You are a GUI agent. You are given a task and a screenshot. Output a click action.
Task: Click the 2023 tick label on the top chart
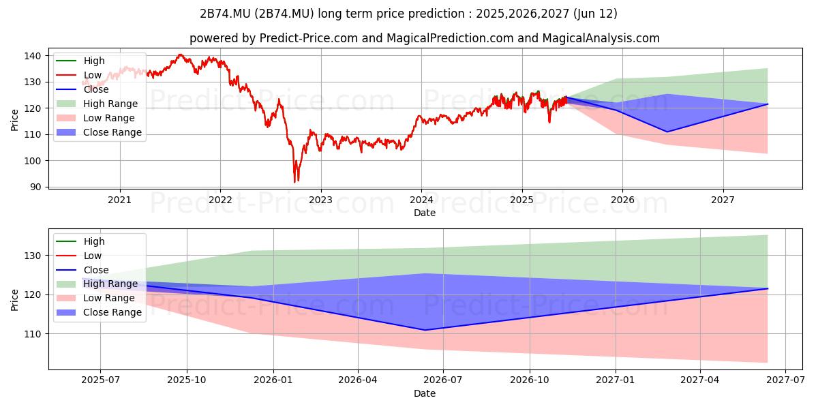pyautogui.click(x=320, y=200)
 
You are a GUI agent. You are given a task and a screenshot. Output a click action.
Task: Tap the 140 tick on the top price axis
pyautogui.click(x=33, y=56)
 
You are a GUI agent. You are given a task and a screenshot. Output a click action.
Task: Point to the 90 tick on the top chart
pyautogui.click(x=35, y=187)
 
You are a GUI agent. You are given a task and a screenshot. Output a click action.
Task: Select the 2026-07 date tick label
pyautogui.click(x=443, y=380)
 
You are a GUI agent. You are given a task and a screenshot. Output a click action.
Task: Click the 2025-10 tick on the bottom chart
pyautogui.click(x=187, y=380)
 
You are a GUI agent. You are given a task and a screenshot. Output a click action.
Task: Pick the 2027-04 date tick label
pyautogui.click(x=699, y=380)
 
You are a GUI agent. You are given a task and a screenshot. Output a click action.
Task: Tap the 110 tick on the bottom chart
pyautogui.click(x=33, y=334)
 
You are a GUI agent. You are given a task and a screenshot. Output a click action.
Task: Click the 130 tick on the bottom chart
pyautogui.click(x=33, y=256)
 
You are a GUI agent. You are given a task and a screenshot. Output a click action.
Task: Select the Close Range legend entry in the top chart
pyautogui.click(x=99, y=132)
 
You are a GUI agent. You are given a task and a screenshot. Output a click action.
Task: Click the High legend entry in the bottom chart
pyautogui.click(x=80, y=241)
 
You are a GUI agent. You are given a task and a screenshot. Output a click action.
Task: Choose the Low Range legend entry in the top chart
pyautogui.click(x=95, y=118)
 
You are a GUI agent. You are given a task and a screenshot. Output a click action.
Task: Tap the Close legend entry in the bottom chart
pyautogui.click(x=82, y=270)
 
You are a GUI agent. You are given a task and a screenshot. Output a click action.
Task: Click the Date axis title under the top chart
pyautogui.click(x=424, y=213)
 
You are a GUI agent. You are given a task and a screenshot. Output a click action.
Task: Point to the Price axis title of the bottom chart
pyautogui.click(x=14, y=300)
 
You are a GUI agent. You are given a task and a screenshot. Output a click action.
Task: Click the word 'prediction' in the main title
pyautogui.click(x=436, y=14)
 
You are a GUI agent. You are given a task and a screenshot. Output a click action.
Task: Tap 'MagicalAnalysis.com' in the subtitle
pyautogui.click(x=601, y=38)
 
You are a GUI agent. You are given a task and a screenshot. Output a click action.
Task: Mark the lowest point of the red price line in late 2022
pyautogui.click(x=294, y=182)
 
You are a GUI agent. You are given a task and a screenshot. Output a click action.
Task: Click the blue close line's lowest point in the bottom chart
pyautogui.click(x=425, y=330)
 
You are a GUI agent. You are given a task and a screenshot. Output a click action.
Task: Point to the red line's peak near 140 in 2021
pyautogui.click(x=180, y=55)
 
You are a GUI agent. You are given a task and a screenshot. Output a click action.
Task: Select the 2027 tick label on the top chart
pyautogui.click(x=723, y=200)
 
